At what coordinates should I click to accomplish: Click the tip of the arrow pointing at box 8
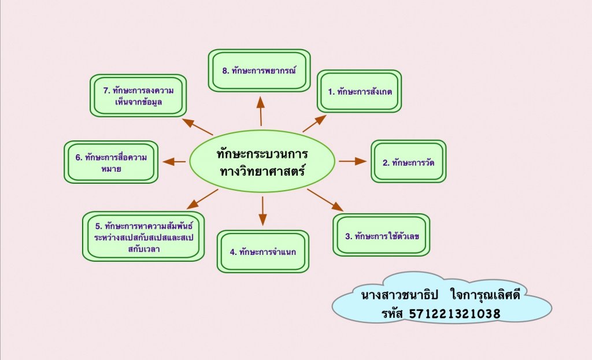click(x=260, y=97)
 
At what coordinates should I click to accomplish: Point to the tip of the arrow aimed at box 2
click(x=367, y=161)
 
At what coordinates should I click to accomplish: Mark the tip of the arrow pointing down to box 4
click(x=263, y=226)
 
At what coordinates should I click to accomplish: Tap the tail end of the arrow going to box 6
click(x=186, y=162)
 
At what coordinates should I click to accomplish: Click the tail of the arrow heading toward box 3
click(x=308, y=190)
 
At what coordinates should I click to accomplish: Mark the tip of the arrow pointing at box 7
click(x=182, y=119)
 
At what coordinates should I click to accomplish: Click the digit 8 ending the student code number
click(x=496, y=314)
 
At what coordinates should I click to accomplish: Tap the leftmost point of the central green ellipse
click(x=189, y=162)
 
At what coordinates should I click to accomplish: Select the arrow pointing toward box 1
click(x=314, y=124)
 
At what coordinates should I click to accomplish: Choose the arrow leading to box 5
click(x=202, y=199)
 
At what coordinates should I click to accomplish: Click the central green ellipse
click(x=262, y=162)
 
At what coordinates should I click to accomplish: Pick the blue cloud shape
click(x=442, y=298)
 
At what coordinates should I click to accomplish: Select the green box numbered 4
click(x=263, y=252)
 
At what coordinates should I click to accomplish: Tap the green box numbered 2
click(x=409, y=162)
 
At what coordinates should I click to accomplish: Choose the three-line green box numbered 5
click(x=143, y=236)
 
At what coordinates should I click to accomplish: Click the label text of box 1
click(x=360, y=92)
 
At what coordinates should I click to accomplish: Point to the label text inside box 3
click(x=382, y=236)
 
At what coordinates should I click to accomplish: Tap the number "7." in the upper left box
click(x=106, y=91)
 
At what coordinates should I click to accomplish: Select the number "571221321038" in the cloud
click(x=455, y=314)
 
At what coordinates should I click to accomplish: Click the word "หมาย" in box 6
click(x=111, y=169)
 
